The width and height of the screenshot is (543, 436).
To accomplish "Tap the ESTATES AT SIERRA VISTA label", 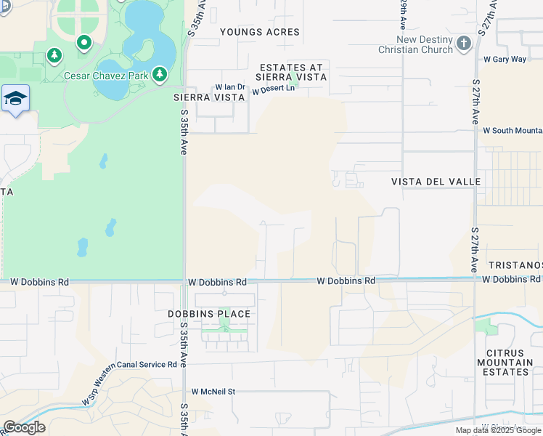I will pos(290,71).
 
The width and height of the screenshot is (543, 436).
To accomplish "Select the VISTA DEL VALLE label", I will pos(436,182).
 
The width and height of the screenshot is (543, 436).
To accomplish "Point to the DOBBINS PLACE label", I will pos(219,314).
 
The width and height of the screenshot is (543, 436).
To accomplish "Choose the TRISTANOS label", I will pos(516,265).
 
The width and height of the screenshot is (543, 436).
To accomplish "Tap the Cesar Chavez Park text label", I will pos(106,75).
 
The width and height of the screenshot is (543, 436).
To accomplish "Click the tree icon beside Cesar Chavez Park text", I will pos(159,74).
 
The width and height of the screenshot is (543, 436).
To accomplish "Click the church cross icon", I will pos(465,44).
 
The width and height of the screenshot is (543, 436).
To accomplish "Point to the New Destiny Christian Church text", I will pos(415,45).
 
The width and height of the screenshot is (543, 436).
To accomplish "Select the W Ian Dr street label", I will pos(230,88).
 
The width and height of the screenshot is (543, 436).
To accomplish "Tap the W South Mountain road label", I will pos(512,131).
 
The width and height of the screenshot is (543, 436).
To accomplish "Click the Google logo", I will pos(24,427).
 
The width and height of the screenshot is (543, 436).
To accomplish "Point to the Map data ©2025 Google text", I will pos(498,430).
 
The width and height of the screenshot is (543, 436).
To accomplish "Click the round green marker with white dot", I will pos(84,43).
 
